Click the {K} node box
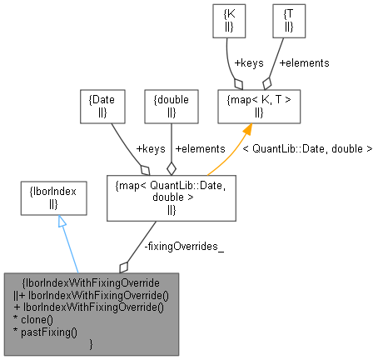tap(228, 20)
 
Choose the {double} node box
tap(172, 104)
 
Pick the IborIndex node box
tap(53, 197)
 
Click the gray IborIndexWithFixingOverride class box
tap(92, 314)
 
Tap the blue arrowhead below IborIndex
tap(61, 222)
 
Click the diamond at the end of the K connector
tap(239, 83)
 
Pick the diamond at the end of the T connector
tap(266, 83)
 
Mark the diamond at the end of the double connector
tap(171, 167)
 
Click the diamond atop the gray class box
tap(124, 267)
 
